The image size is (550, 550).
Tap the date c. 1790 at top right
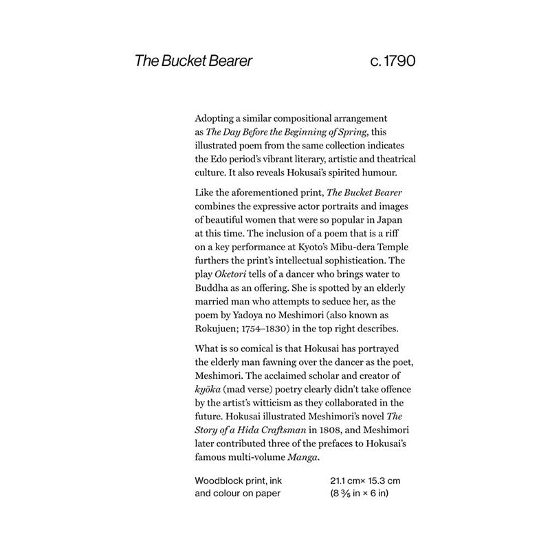pos(392,61)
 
